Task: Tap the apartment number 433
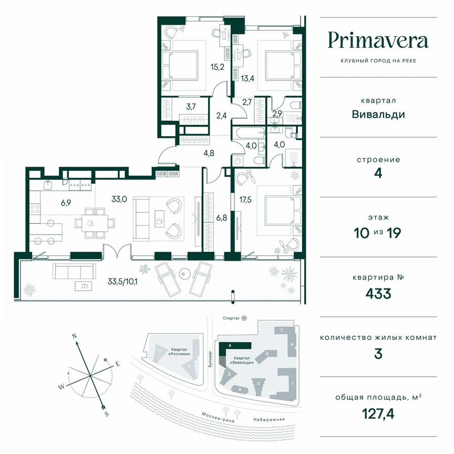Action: (378, 293)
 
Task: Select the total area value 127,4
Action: (378, 414)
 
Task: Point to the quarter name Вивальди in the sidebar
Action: (378, 114)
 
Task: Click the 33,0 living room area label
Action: (119, 199)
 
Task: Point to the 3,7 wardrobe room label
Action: (191, 107)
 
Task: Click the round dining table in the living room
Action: (92, 223)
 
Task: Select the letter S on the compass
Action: (107, 414)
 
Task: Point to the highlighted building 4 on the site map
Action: (236, 346)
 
